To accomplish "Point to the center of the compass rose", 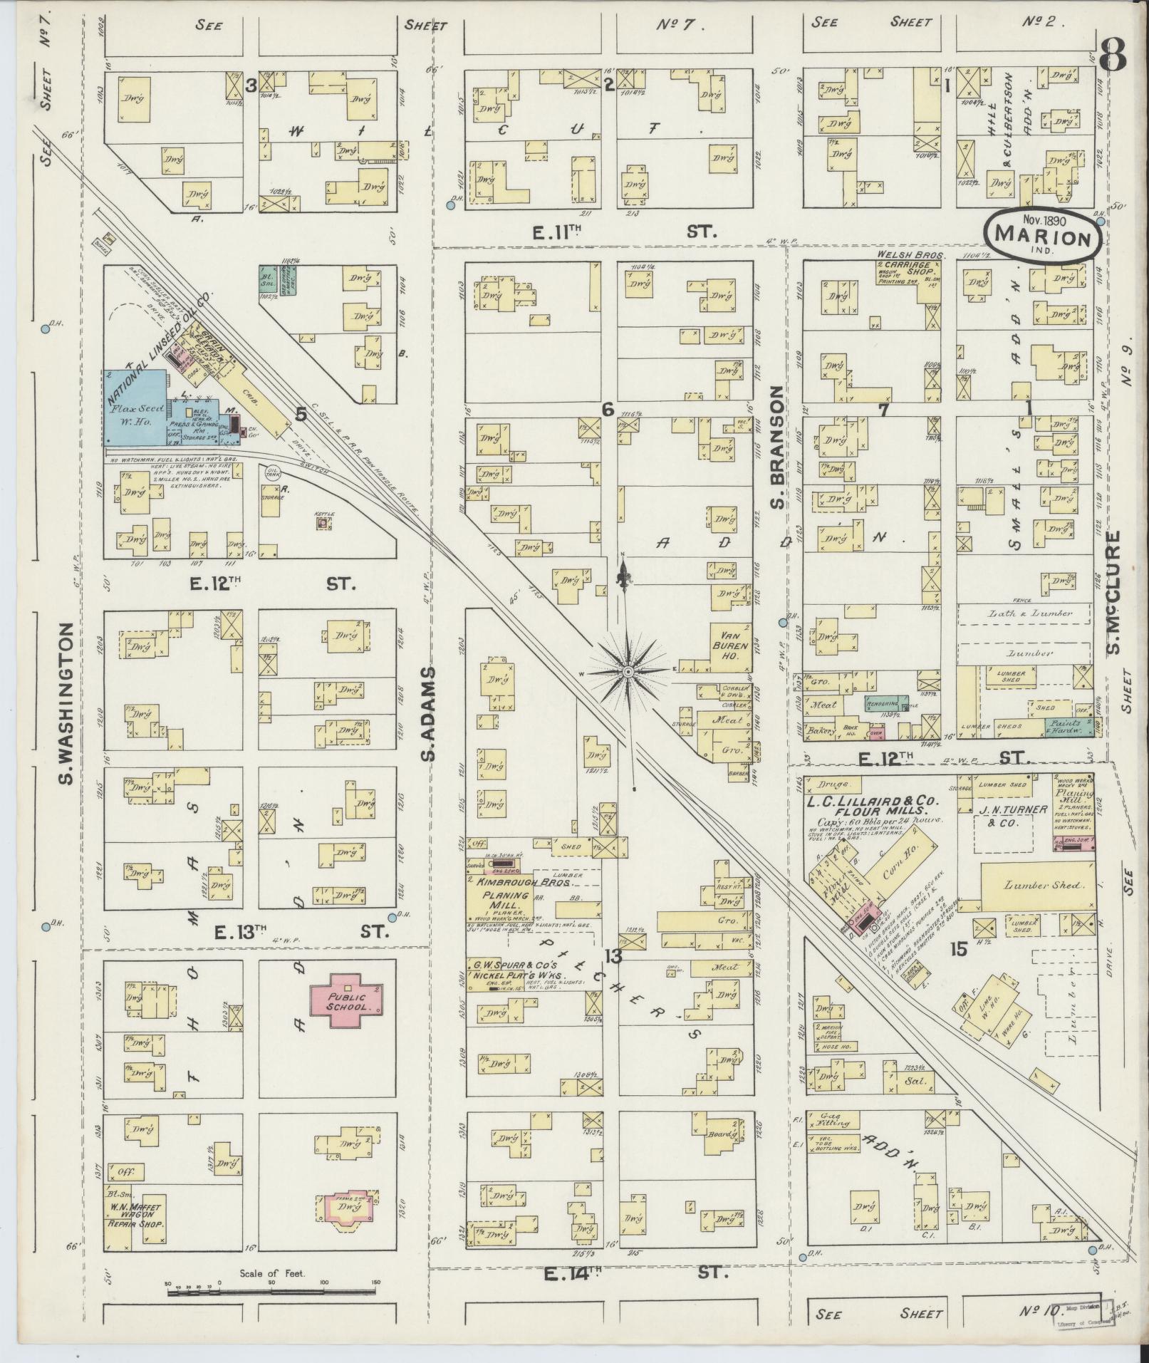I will (x=628, y=672).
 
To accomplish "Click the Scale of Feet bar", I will (x=272, y=1287).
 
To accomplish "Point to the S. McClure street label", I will (x=1113, y=592).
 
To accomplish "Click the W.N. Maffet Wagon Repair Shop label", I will (x=135, y=1217).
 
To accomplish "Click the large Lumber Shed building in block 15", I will (x=1036, y=886).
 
